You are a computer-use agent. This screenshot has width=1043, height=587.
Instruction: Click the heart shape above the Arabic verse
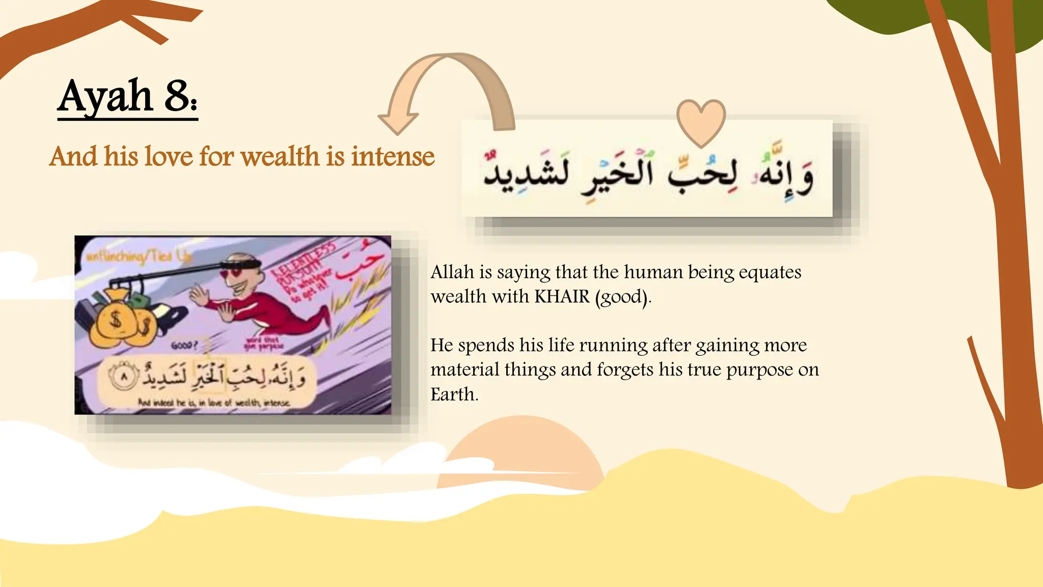(701, 122)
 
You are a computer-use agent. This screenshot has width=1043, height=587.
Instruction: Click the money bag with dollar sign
(116, 321)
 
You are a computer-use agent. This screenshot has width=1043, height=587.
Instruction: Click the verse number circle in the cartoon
(124, 378)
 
